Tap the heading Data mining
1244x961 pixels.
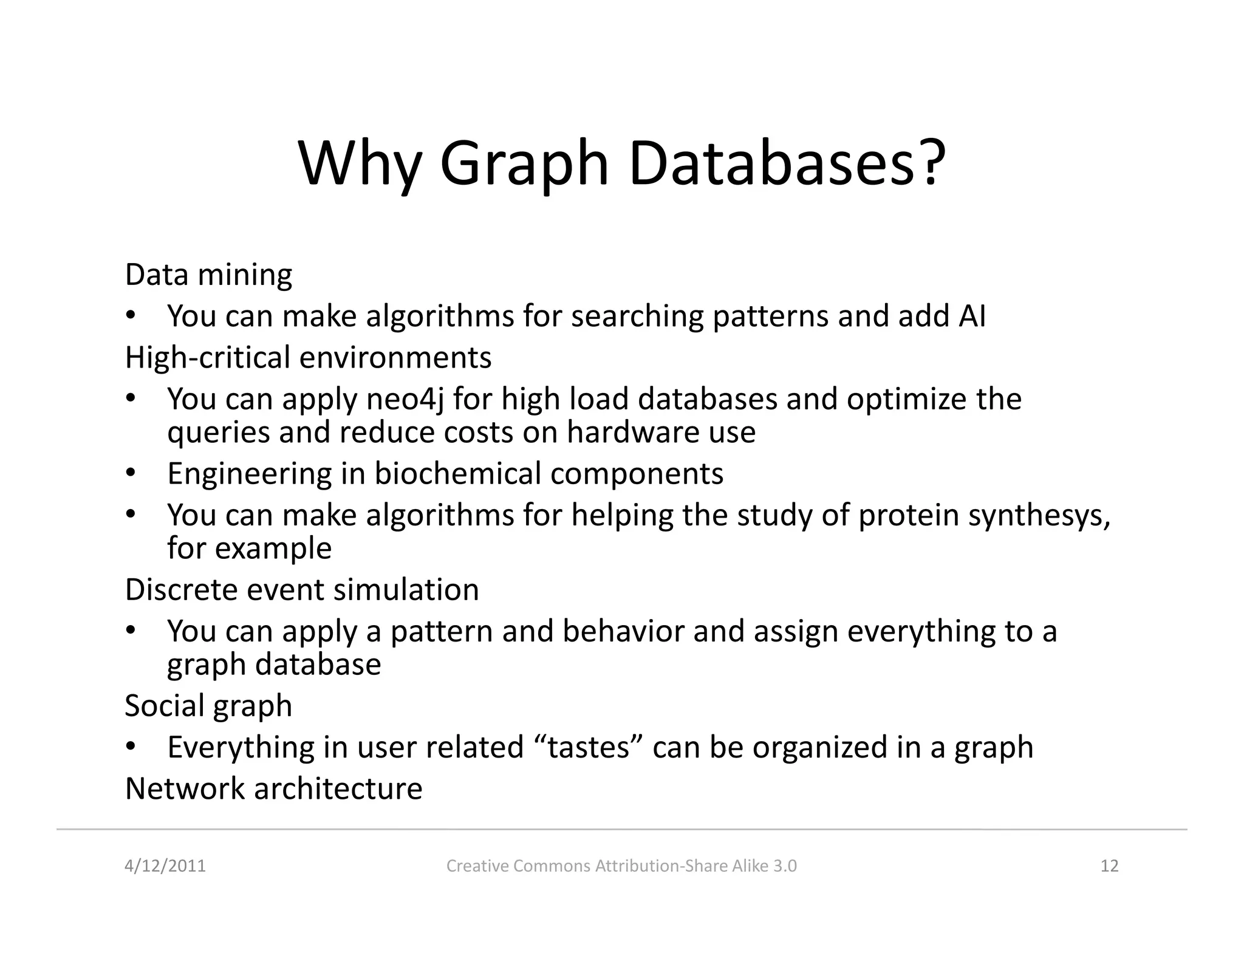[208, 275]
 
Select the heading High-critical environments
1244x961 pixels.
[308, 357]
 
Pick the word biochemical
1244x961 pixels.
[457, 474]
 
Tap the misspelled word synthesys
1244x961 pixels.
[1039, 516]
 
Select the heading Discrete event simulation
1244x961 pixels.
[302, 590]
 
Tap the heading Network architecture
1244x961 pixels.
[273, 789]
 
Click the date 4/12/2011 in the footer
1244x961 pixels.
[165, 866]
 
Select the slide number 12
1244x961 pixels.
[1109, 866]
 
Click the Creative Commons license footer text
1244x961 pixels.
[621, 866]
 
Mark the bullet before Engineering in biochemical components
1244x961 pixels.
[129, 473]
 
